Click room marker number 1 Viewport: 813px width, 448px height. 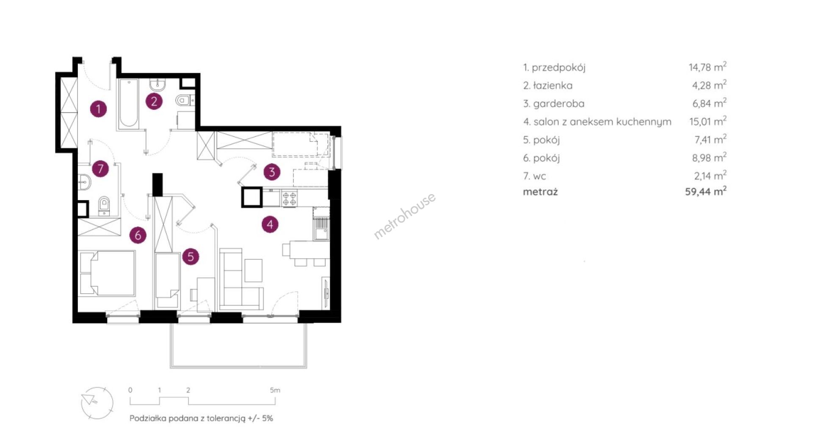99,109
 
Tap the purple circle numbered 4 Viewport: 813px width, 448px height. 270,224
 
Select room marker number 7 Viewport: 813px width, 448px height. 100,169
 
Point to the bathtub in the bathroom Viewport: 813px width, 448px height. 128,104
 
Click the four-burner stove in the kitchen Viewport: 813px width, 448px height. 290,199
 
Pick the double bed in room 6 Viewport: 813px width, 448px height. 107,273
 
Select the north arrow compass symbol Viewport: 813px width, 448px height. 97,403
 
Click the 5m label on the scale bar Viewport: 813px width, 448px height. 275,390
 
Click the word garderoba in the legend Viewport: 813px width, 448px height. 559,104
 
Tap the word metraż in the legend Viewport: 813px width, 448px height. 540,192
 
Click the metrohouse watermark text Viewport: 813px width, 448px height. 404,216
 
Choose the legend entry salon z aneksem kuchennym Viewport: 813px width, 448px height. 602,122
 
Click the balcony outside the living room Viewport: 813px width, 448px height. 238,345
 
